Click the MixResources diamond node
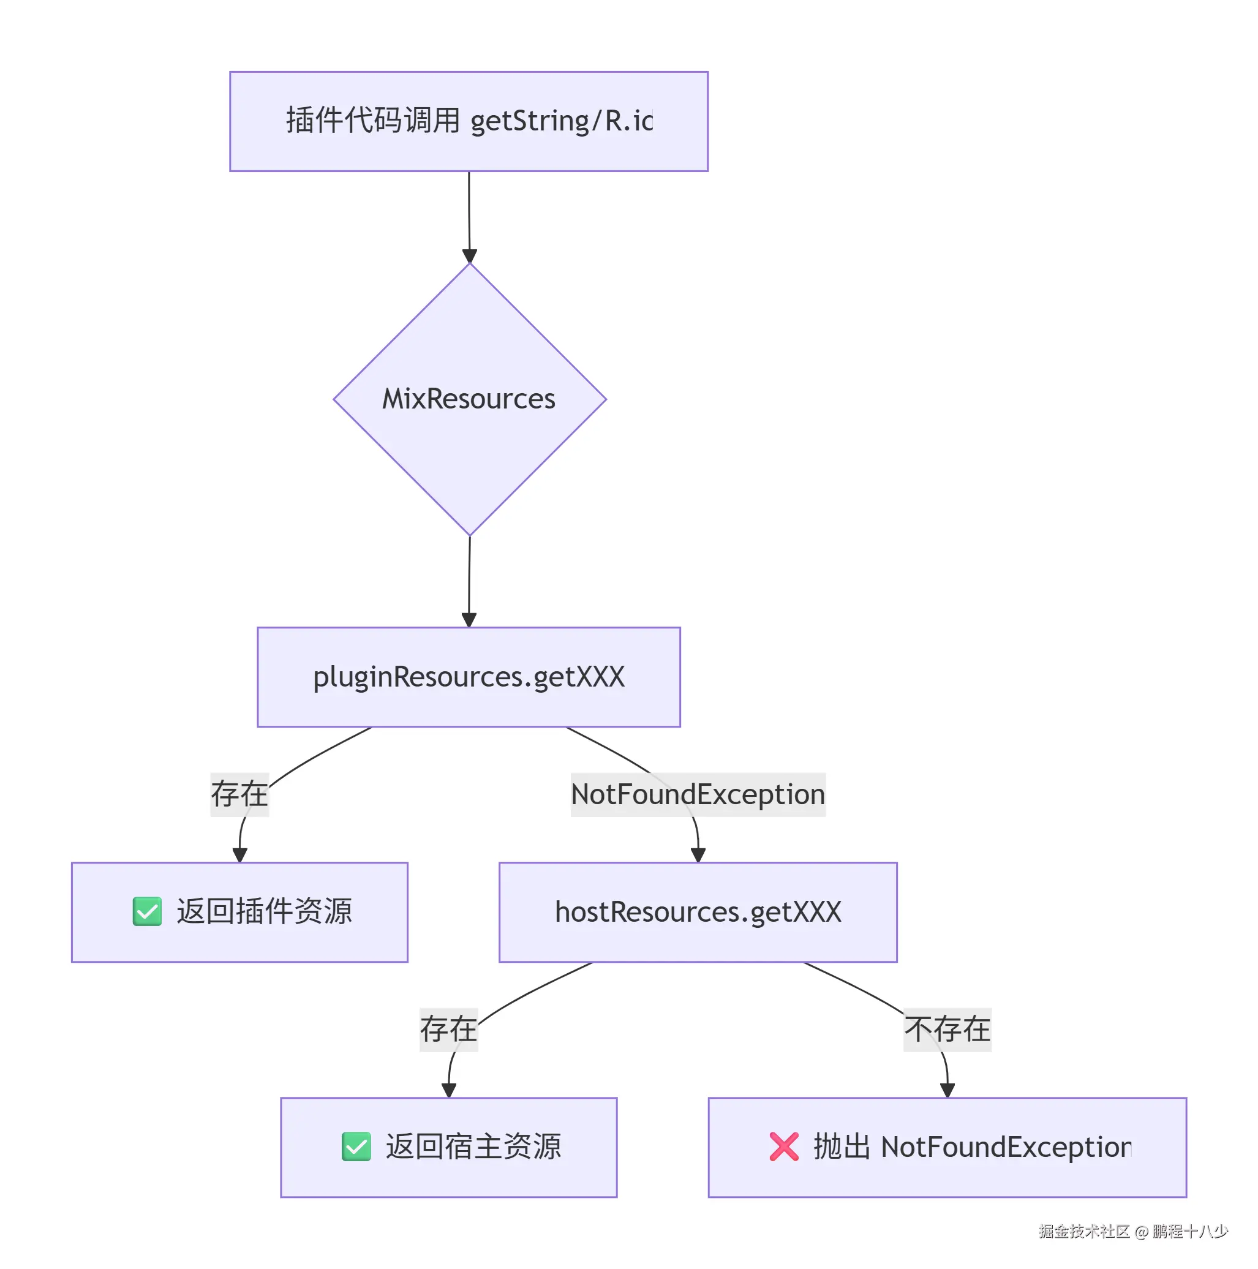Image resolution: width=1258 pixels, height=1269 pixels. point(469,399)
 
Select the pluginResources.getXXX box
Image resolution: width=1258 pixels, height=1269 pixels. point(469,677)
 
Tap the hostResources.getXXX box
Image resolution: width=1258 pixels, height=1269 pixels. point(698,912)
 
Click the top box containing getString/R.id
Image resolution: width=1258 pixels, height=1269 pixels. point(469,121)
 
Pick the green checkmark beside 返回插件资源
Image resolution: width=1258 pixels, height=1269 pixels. point(147,911)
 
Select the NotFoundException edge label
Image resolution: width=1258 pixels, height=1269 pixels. point(698,794)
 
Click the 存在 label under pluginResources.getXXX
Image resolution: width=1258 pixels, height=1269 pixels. point(239,794)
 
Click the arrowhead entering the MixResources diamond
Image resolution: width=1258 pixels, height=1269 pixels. point(469,256)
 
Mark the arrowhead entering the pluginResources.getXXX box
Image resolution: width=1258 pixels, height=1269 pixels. point(469,620)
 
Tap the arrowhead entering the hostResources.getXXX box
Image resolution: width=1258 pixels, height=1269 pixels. point(698,854)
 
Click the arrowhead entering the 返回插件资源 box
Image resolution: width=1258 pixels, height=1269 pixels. point(239,854)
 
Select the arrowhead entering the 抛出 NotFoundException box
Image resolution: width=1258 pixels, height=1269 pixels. point(947,1090)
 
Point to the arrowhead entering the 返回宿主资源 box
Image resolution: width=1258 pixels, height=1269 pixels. point(449,1090)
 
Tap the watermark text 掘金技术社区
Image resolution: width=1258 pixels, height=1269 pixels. point(1083,1232)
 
